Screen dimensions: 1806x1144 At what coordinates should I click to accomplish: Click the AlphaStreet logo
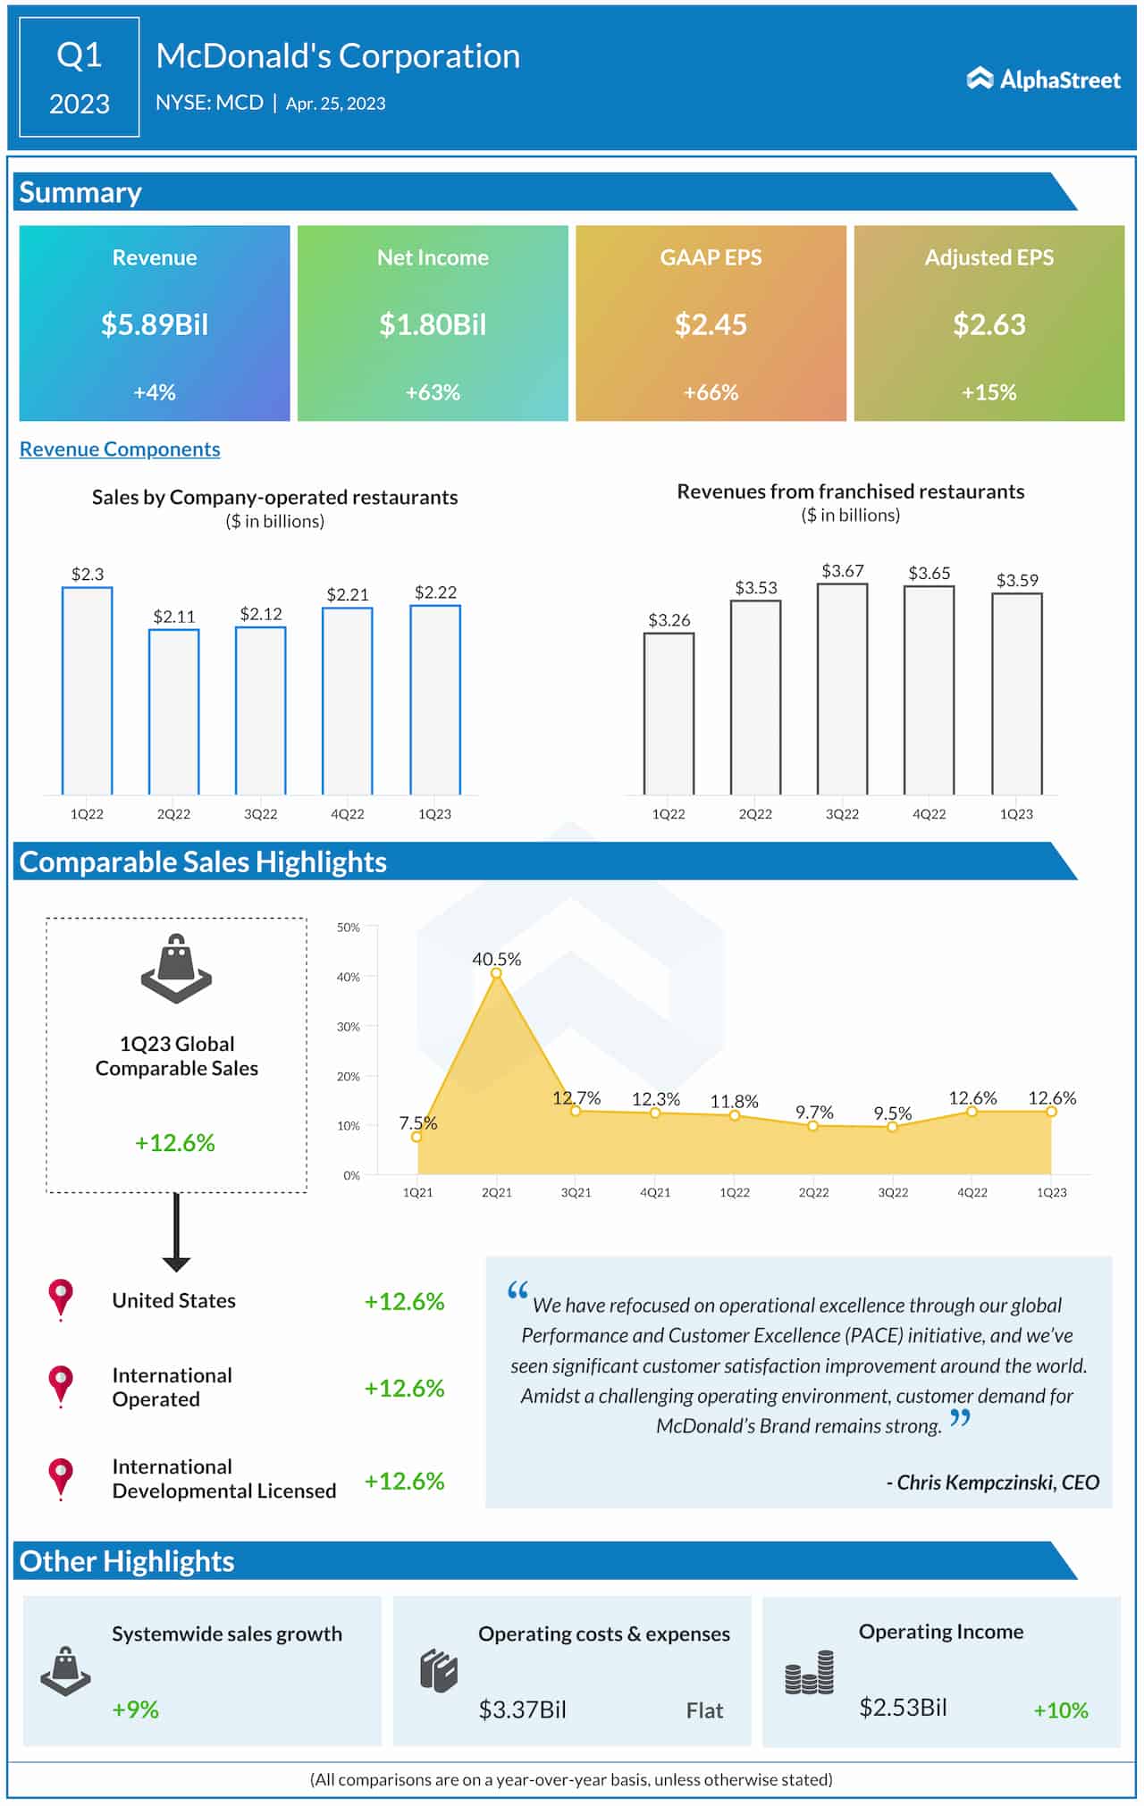point(1043,80)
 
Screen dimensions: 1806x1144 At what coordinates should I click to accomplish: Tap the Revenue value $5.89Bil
point(155,324)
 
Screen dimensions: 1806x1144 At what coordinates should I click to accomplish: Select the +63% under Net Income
point(433,392)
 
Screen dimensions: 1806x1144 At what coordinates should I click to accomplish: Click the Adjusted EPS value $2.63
point(988,324)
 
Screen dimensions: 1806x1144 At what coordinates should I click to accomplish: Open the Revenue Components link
point(120,449)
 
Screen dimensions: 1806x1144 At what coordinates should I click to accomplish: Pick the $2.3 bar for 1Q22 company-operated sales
point(88,690)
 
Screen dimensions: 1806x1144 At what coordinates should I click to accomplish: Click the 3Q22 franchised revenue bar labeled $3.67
point(842,688)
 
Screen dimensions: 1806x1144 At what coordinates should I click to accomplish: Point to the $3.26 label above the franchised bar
point(669,620)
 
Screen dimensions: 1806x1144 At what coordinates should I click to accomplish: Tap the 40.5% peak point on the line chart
point(497,974)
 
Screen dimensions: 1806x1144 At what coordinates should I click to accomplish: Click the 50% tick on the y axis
point(349,928)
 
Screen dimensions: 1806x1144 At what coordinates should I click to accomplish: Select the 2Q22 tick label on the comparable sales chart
point(813,1193)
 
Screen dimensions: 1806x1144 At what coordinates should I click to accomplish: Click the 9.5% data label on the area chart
point(892,1113)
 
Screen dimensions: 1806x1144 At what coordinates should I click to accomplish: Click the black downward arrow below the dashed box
point(176,1233)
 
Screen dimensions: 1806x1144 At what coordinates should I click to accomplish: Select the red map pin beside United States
point(61,1298)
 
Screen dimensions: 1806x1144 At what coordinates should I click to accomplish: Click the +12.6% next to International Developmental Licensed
point(404,1482)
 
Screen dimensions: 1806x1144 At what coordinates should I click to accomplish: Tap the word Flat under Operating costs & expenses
point(704,1710)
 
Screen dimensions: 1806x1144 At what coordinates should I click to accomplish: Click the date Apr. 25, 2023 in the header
point(335,104)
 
